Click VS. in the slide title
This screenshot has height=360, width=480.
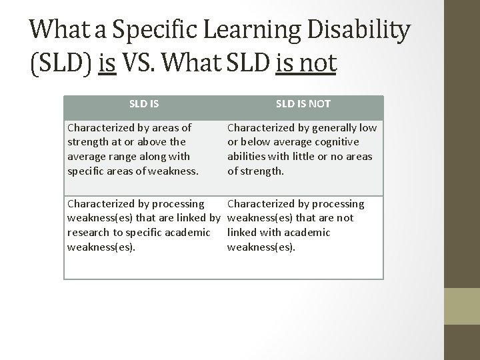(x=148, y=63)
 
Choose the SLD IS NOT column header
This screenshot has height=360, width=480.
(x=303, y=103)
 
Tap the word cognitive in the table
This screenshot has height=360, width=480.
(x=336, y=141)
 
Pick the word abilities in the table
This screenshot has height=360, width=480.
(x=247, y=156)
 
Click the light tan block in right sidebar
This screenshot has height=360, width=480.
(x=463, y=307)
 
